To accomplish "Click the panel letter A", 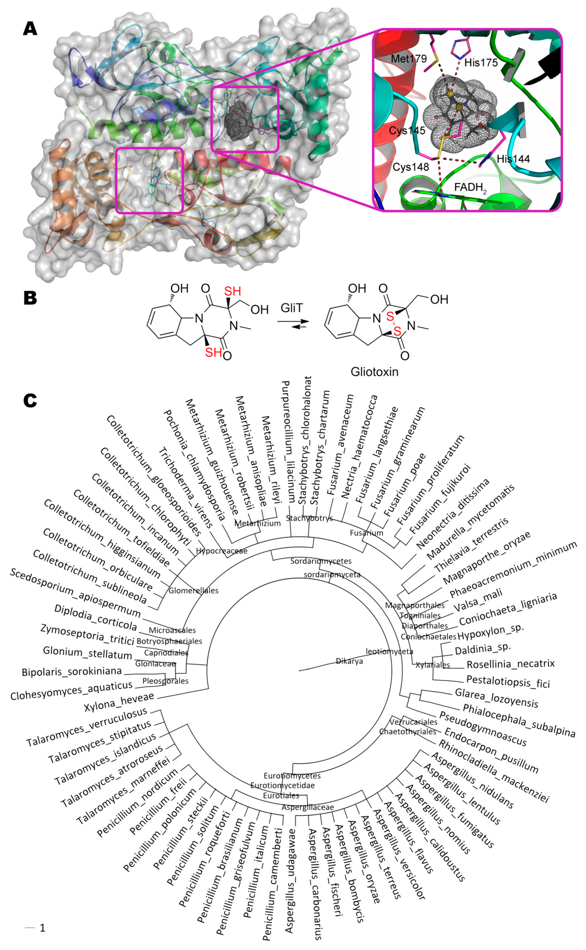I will coord(30,28).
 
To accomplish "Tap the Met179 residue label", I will coord(408,59).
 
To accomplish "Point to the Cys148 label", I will coord(411,167).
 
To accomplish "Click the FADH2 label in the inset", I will coord(470,188).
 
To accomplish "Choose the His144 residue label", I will coord(513,159).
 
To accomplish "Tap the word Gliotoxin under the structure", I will coord(374,372).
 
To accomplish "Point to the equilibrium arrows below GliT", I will coord(293,324).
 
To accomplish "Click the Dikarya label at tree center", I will coord(349,661).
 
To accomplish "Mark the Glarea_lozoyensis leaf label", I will coord(496,698).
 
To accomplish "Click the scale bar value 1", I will coord(42,928).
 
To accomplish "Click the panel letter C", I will coord(30,400).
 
